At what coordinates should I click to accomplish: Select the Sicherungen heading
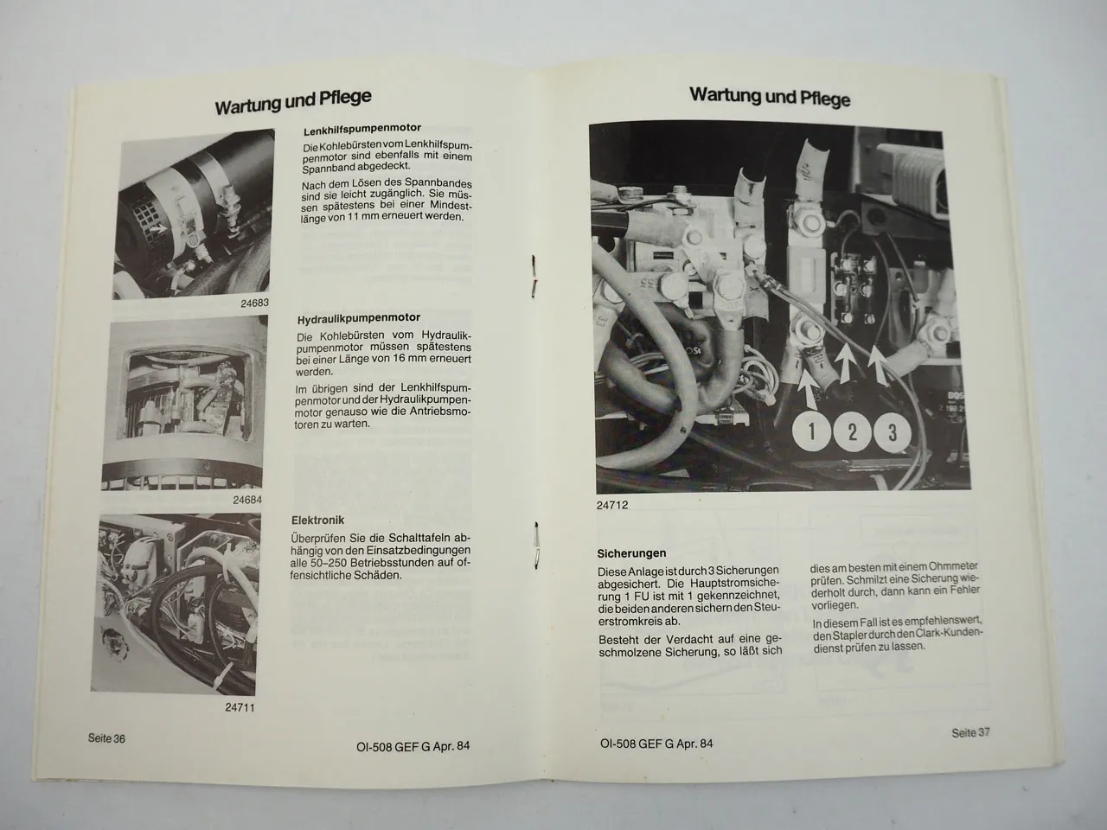coord(631,553)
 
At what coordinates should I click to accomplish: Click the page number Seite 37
coord(970,732)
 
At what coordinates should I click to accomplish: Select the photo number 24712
coord(613,507)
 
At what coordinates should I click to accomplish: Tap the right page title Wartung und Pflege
coord(770,96)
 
